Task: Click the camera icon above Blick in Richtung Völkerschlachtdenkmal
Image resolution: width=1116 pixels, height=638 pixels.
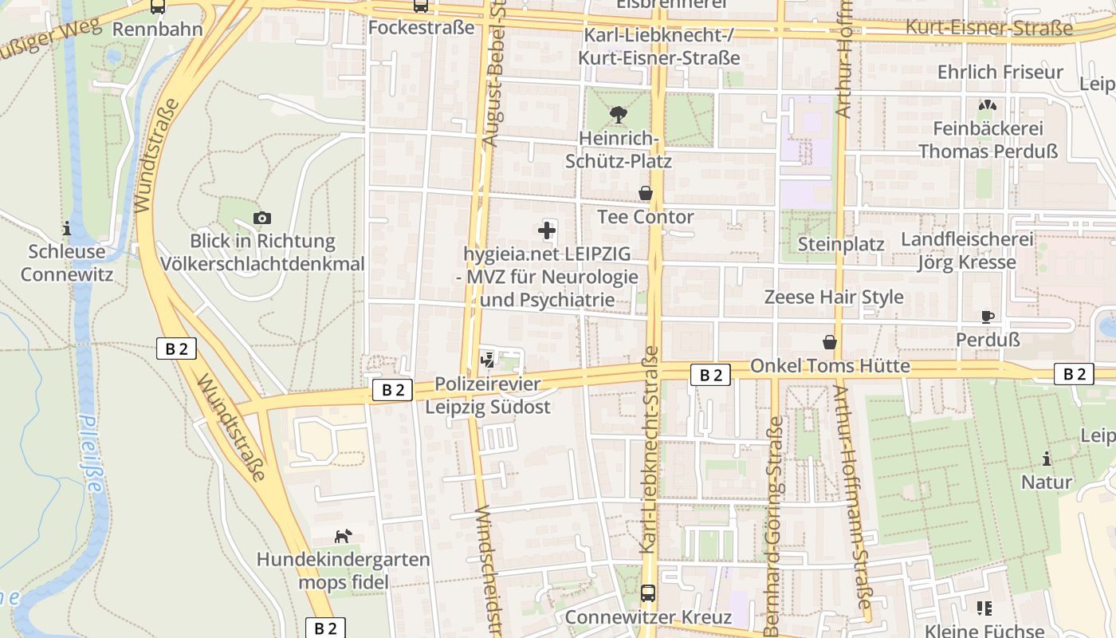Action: [261, 218]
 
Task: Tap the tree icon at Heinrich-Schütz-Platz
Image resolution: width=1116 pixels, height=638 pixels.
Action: [618, 116]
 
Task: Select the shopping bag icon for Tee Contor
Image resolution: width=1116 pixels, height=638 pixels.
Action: [646, 194]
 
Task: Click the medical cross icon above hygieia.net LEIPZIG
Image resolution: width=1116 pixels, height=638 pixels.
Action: [547, 231]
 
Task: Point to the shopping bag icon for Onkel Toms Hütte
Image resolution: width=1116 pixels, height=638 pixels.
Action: [830, 342]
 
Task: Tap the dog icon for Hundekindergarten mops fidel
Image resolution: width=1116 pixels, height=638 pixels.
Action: [343, 536]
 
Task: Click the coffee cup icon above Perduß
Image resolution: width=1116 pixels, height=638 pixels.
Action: [988, 317]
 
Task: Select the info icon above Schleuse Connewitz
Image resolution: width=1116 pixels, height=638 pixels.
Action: [67, 228]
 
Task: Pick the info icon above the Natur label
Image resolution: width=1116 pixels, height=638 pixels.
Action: [1047, 459]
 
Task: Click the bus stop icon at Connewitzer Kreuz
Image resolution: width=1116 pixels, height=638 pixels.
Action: [648, 593]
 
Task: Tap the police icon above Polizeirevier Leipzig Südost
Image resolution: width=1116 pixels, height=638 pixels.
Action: [487, 360]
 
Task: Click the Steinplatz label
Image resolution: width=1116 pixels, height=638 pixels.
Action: [841, 244]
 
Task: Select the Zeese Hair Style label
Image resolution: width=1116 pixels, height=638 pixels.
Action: [834, 297]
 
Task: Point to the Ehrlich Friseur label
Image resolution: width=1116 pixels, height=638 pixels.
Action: [1000, 72]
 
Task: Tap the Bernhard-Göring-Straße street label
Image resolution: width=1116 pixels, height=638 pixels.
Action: [772, 526]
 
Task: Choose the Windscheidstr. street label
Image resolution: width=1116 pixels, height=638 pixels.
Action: [487, 570]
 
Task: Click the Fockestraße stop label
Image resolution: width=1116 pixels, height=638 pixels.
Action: [421, 28]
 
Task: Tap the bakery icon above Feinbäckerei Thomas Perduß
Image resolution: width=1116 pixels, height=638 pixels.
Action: [987, 105]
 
